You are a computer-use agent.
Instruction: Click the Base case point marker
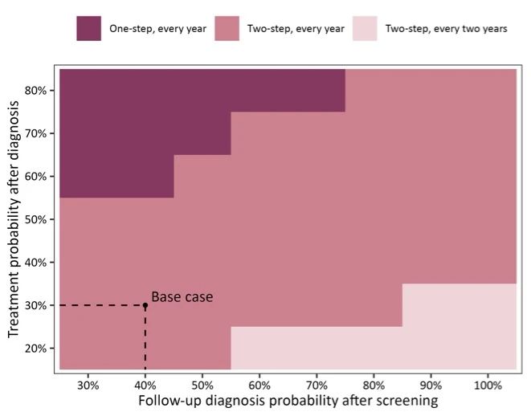[x=145, y=305]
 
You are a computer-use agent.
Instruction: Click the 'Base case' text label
[x=182, y=296]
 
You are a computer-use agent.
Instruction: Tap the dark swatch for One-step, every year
[x=89, y=29]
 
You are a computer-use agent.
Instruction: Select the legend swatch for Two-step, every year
[x=227, y=29]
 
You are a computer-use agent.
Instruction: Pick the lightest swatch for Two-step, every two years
[x=366, y=29]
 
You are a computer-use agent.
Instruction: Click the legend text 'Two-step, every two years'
[x=446, y=29]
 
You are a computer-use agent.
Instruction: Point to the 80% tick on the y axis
[x=38, y=90]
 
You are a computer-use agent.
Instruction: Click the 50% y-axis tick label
[x=38, y=219]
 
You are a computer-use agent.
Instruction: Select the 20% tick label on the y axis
[x=38, y=349]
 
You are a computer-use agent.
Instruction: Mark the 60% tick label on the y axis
[x=38, y=176]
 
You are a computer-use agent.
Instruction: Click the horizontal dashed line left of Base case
[x=101, y=305]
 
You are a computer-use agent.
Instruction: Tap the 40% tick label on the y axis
[x=38, y=262]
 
